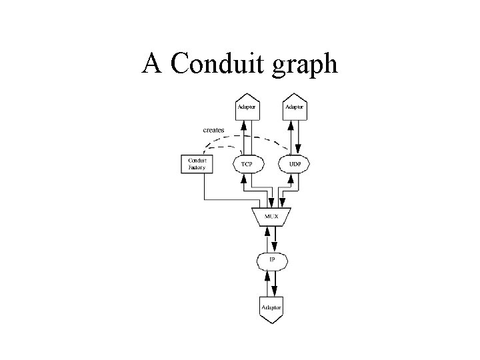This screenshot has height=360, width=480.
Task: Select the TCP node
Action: point(247,164)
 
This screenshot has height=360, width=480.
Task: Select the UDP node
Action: point(295,164)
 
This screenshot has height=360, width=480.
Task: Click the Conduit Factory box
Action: point(197,164)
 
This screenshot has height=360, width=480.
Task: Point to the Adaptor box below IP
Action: point(271,308)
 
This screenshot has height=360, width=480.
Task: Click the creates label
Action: point(213,129)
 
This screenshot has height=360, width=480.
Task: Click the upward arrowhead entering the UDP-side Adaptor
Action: point(291,125)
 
